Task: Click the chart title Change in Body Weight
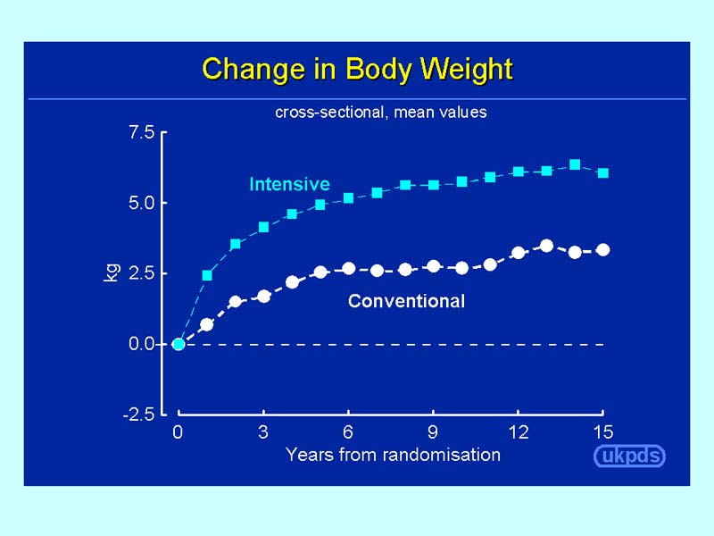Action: click(357, 69)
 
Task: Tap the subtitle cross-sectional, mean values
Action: click(381, 113)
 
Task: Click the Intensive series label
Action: click(289, 185)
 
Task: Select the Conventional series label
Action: click(406, 301)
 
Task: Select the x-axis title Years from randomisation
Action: click(393, 455)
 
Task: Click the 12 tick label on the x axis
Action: click(518, 432)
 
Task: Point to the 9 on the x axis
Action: click(433, 432)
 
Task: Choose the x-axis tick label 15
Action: click(603, 432)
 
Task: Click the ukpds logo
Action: click(630, 456)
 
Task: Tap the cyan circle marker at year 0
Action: click(178, 344)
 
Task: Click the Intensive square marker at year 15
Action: click(603, 172)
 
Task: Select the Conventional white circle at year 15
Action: click(603, 250)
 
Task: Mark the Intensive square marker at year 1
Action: click(207, 275)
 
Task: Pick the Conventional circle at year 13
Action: click(547, 246)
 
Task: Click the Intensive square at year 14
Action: click(575, 164)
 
